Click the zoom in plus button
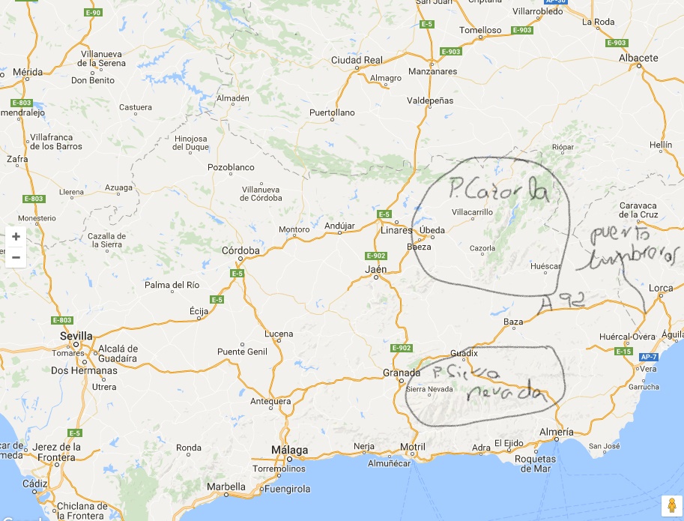pyautogui.click(x=16, y=236)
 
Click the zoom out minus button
pyautogui.click(x=16, y=257)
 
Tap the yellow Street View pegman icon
pyautogui.click(x=671, y=505)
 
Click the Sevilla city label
pyautogui.click(x=77, y=337)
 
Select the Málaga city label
pyautogui.click(x=289, y=450)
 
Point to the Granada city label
pyautogui.click(x=401, y=373)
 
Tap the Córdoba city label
pyautogui.click(x=240, y=250)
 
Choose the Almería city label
pyautogui.click(x=556, y=432)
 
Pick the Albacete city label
pyautogui.click(x=638, y=57)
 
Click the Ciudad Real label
pyautogui.click(x=357, y=60)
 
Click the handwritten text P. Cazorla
pyautogui.click(x=499, y=190)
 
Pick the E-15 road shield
pyautogui.click(x=623, y=351)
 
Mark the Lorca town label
pyautogui.click(x=661, y=288)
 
